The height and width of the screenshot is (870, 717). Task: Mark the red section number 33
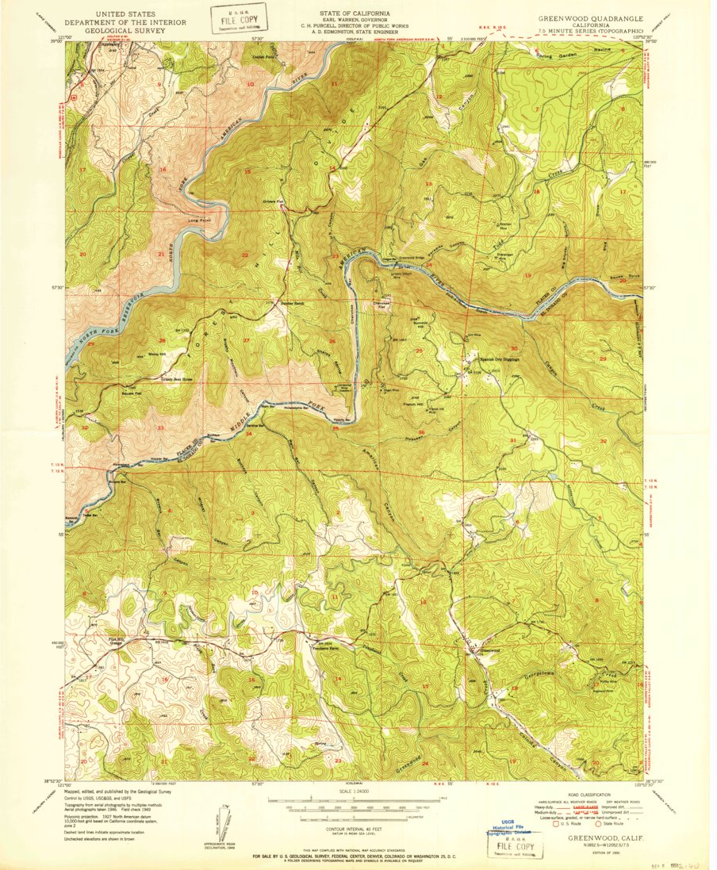[x=161, y=428]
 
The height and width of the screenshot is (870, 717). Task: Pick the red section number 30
[x=514, y=349]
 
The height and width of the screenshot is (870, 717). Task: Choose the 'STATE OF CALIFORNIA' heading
[x=355, y=14]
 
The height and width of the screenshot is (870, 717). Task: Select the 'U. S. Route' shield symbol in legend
[x=556, y=824]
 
